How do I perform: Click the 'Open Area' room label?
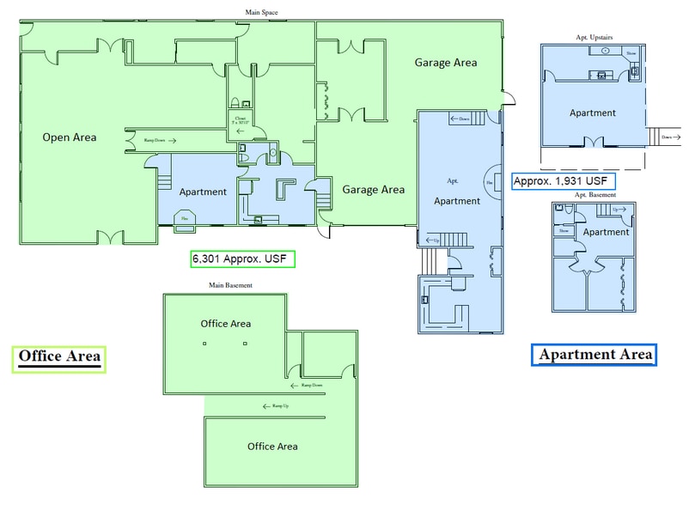[x=70, y=137]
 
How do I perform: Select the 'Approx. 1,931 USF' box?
[x=563, y=181]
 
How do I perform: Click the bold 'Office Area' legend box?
[x=59, y=356]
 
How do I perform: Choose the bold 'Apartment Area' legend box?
[x=594, y=354]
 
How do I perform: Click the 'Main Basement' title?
[x=229, y=284]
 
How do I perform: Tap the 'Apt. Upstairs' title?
[x=594, y=37]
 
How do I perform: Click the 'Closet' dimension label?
[x=241, y=121]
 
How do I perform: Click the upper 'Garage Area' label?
[x=445, y=63]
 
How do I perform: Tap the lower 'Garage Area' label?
[x=373, y=190]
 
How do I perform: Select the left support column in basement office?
[x=204, y=344]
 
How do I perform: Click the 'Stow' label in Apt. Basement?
[x=564, y=230]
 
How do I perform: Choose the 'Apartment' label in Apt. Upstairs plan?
[x=592, y=113]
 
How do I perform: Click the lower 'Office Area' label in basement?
[x=272, y=447]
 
